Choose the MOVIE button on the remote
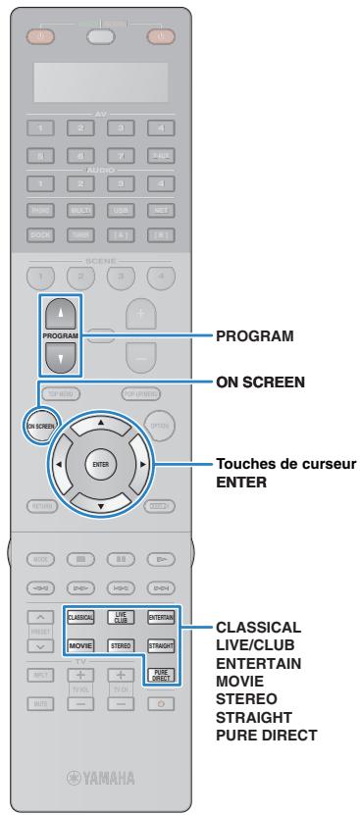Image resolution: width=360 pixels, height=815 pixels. pos(79,646)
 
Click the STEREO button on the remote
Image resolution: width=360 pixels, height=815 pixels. pos(119,646)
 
